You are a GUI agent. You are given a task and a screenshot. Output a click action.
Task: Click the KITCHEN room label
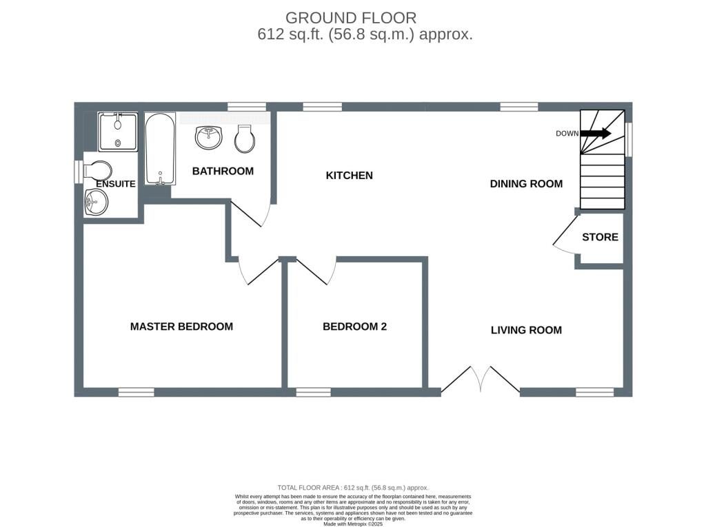[349, 176]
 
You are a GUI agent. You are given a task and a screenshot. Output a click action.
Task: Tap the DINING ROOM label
[526, 184]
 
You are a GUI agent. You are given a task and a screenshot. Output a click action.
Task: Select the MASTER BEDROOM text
[181, 327]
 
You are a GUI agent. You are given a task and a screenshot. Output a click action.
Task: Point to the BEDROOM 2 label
[354, 327]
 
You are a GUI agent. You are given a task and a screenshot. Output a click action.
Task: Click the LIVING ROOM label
[526, 330]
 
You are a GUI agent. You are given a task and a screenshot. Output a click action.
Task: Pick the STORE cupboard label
[600, 237]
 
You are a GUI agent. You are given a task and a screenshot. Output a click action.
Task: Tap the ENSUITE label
[115, 184]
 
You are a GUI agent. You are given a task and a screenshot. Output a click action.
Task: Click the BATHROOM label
[223, 171]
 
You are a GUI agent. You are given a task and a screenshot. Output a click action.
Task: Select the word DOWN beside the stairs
[567, 134]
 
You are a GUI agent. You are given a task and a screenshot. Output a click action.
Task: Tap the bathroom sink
[208, 137]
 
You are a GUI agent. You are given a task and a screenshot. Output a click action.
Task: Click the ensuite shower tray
[117, 132]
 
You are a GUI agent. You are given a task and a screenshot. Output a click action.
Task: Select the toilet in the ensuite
[97, 170]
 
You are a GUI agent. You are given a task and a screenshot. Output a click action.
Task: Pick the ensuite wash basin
[96, 202]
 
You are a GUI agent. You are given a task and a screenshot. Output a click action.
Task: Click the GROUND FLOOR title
[351, 18]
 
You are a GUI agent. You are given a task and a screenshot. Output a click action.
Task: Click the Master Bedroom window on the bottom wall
[136, 392]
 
